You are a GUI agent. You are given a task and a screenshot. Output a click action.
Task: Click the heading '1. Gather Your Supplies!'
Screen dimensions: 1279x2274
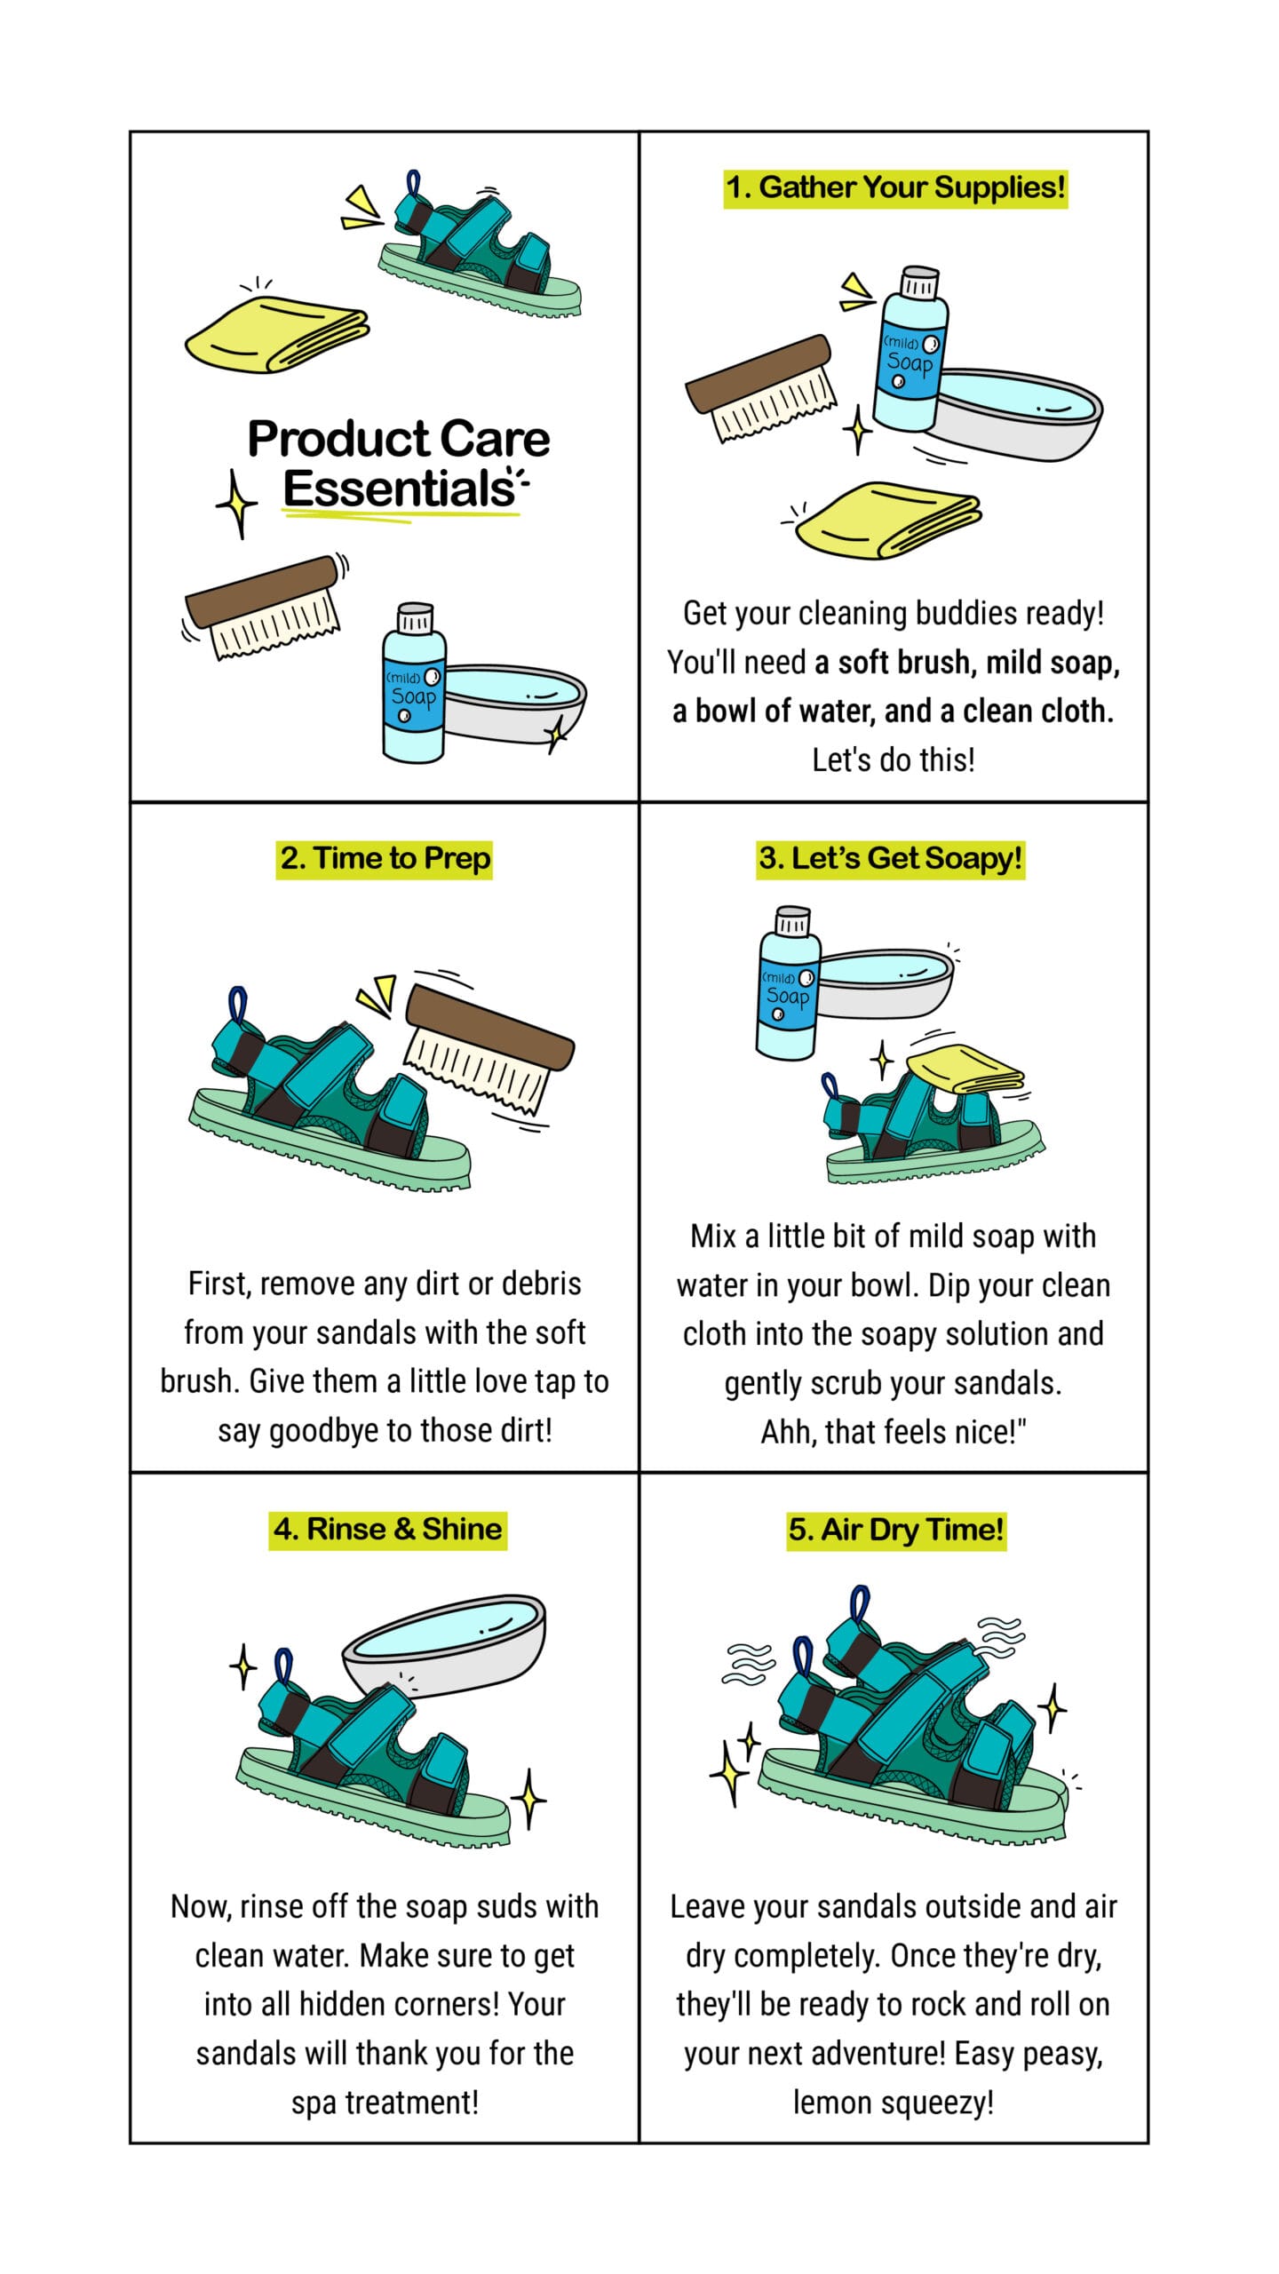point(895,187)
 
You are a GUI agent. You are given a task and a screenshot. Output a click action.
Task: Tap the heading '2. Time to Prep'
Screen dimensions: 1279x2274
point(385,859)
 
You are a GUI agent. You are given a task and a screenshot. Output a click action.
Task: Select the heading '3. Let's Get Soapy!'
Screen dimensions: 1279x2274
point(890,859)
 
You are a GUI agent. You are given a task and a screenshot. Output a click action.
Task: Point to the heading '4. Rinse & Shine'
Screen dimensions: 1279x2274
point(388,1530)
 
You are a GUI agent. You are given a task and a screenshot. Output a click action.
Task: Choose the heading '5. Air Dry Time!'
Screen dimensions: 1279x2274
point(896,1530)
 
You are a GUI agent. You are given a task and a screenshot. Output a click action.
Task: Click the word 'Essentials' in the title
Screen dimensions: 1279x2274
point(400,489)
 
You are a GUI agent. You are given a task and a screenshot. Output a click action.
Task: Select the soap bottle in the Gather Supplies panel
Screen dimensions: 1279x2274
point(910,349)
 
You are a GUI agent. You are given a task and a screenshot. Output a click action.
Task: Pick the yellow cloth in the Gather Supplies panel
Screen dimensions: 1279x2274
point(888,521)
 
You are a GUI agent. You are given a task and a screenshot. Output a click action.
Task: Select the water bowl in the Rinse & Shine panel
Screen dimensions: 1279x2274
point(444,1646)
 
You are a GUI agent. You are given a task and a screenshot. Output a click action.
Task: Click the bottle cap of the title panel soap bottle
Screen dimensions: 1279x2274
point(415,618)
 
